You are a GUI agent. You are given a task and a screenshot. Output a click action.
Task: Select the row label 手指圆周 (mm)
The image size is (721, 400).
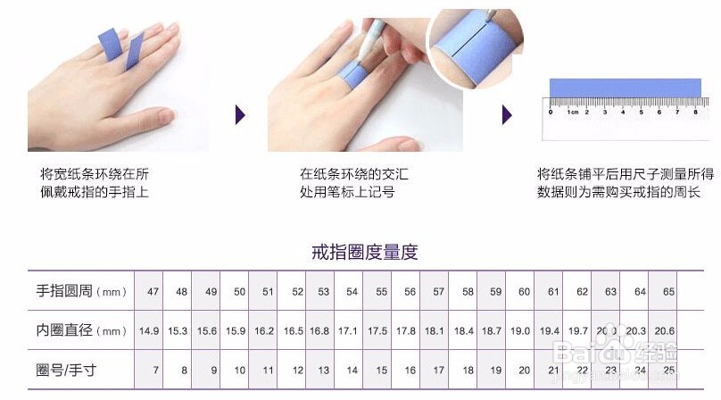tap(80, 291)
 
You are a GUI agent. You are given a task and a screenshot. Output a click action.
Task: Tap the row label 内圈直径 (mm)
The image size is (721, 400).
tap(80, 330)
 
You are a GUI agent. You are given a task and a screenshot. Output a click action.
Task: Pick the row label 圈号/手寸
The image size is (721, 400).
tap(67, 370)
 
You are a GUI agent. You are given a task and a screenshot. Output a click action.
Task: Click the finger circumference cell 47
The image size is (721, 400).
tap(153, 292)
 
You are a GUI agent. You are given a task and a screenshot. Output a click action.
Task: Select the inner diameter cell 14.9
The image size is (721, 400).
tap(149, 331)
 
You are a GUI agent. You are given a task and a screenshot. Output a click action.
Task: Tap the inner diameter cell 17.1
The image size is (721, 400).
tap(348, 331)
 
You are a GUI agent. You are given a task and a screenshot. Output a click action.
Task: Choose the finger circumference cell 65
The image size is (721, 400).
tap(667, 292)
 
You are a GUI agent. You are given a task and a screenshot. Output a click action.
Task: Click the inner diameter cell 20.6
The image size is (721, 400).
tap(665, 331)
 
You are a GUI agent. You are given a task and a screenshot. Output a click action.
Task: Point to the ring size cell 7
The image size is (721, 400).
tap(156, 371)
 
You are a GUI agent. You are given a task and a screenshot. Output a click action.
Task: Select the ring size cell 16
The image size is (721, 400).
tap(410, 371)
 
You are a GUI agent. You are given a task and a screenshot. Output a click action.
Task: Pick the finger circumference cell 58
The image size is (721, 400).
tap(468, 292)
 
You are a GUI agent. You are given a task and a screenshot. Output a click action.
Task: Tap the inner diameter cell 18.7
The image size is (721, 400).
tap(492, 331)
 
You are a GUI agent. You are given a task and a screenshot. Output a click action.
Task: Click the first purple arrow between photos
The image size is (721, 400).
tap(239, 114)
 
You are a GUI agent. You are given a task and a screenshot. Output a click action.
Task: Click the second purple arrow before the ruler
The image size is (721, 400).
tap(507, 114)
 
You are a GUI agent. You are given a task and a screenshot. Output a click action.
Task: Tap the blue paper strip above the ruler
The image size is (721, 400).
tap(622, 88)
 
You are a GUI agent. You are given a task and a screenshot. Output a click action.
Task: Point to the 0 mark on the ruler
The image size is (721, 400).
tap(551, 113)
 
